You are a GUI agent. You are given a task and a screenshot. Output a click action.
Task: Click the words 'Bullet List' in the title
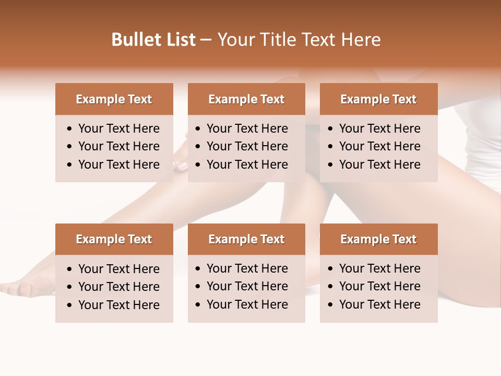click(x=153, y=40)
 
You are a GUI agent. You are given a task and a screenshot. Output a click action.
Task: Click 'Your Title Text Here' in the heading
click(x=299, y=40)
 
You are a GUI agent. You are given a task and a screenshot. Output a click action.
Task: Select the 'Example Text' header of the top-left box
click(x=114, y=99)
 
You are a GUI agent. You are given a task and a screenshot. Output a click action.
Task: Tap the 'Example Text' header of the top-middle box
click(x=246, y=99)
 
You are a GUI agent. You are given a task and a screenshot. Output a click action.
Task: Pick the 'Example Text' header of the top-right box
click(x=378, y=99)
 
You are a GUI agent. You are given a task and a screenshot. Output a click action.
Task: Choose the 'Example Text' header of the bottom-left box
click(x=114, y=239)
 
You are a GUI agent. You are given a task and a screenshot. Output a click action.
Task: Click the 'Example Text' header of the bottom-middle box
click(x=246, y=239)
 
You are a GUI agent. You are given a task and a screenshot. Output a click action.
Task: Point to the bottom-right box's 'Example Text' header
click(x=378, y=239)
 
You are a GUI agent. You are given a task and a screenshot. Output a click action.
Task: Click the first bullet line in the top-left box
click(x=119, y=128)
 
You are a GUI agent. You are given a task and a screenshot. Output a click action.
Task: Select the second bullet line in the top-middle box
click(x=247, y=146)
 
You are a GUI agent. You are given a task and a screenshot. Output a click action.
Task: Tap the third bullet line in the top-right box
click(x=380, y=164)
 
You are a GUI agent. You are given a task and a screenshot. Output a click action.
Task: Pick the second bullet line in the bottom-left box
click(x=119, y=287)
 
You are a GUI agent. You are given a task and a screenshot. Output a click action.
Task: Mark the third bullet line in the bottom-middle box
click(x=247, y=304)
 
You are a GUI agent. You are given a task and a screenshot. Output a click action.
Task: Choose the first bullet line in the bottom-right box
click(x=380, y=268)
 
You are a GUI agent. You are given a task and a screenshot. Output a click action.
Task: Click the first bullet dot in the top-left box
click(x=70, y=129)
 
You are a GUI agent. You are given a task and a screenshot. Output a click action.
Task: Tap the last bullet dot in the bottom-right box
click(x=331, y=305)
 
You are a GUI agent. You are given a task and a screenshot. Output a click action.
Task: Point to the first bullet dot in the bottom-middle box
click(x=198, y=269)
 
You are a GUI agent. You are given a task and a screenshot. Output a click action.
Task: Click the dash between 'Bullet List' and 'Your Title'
click(x=206, y=40)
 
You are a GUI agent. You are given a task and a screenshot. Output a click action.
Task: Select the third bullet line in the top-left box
click(x=119, y=164)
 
